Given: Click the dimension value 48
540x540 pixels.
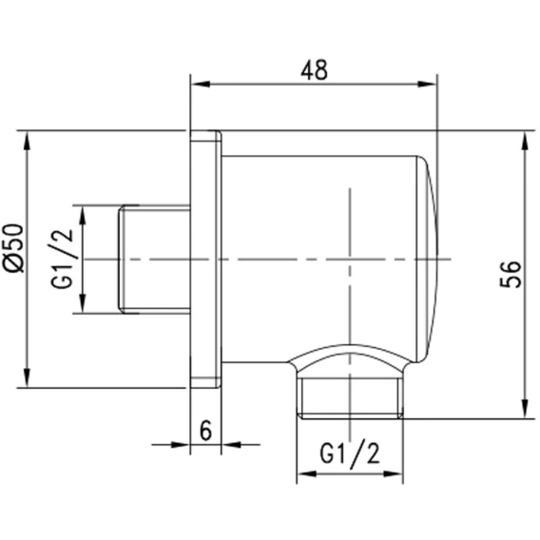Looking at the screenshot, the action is click(x=314, y=70).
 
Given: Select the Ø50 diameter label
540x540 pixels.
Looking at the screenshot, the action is click(x=13, y=248).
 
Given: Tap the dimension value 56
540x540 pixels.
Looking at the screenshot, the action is click(x=511, y=274).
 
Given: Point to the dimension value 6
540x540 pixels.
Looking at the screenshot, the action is click(x=205, y=430).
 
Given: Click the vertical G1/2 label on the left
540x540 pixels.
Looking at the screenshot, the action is click(x=63, y=259).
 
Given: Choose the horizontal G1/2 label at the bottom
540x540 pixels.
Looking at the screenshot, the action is click(x=350, y=455).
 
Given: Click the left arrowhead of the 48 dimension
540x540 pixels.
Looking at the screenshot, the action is click(x=201, y=84).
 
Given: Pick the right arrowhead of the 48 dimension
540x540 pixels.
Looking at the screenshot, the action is click(x=427, y=84).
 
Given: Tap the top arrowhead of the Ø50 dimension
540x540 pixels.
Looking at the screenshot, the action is click(x=27, y=141).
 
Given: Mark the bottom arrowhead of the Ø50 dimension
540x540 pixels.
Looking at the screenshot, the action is click(x=27, y=378).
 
